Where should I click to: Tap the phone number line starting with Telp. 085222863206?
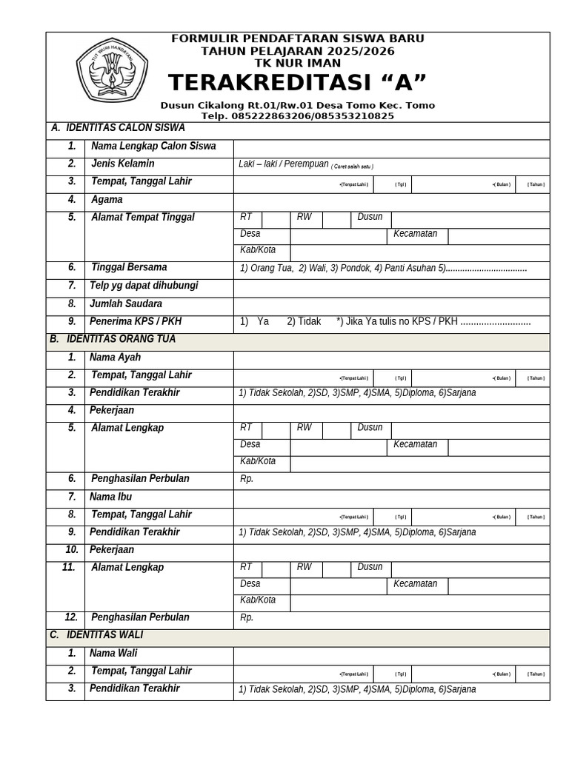click(x=297, y=115)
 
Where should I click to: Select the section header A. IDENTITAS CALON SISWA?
click(x=118, y=128)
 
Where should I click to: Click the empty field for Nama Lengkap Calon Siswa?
click(x=391, y=147)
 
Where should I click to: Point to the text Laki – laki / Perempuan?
click(x=283, y=164)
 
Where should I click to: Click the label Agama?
click(x=107, y=200)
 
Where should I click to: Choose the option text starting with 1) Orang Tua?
click(x=383, y=268)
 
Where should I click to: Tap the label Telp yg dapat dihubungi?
click(x=144, y=286)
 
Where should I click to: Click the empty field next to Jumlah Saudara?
click(x=391, y=304)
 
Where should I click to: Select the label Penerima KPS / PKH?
click(x=136, y=321)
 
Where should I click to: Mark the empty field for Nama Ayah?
click(x=391, y=358)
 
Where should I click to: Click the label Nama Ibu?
click(x=110, y=497)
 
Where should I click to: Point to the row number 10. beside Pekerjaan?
click(x=71, y=550)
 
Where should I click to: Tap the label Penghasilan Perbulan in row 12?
click(x=140, y=617)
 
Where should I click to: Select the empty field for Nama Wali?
click(x=391, y=654)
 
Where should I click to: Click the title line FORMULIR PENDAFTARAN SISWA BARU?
click(x=297, y=38)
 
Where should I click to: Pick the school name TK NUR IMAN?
click(x=297, y=64)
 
